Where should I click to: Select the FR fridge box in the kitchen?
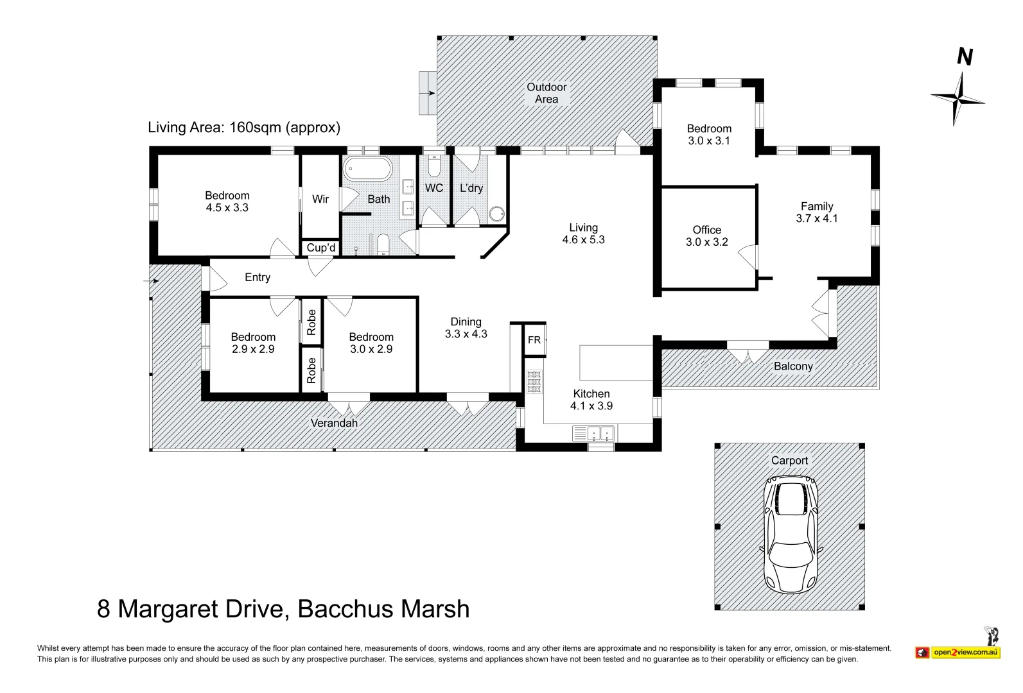(534, 339)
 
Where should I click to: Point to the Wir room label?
(320, 199)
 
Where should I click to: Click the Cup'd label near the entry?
(320, 248)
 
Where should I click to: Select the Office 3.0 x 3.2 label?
(706, 235)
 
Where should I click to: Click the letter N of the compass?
(964, 57)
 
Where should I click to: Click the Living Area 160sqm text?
(244, 127)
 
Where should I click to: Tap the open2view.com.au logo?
(965, 652)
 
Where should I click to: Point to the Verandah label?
(334, 423)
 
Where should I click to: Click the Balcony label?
(793, 366)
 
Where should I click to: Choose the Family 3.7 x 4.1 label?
(817, 212)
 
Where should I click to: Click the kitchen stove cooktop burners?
(534, 381)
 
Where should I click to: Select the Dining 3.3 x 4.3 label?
(466, 327)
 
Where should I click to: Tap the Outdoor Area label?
(546, 93)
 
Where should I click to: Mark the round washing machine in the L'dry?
(497, 214)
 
